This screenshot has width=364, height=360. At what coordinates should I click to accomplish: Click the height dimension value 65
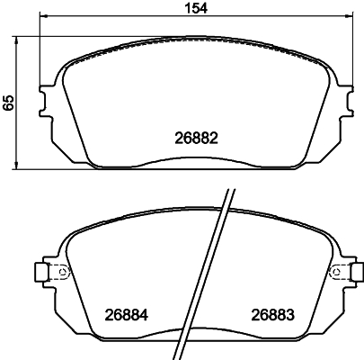pyautogui.click(x=10, y=102)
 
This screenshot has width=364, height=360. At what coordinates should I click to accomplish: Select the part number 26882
pyautogui.click(x=196, y=139)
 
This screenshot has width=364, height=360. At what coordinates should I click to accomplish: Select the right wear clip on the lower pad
pyautogui.click(x=342, y=272)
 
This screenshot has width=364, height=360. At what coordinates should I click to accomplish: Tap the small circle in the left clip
pyautogui.click(x=61, y=273)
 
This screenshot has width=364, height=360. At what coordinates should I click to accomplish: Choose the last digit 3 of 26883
pyautogui.click(x=291, y=316)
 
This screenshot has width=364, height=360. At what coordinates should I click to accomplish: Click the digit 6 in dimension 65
pyautogui.click(x=10, y=106)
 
